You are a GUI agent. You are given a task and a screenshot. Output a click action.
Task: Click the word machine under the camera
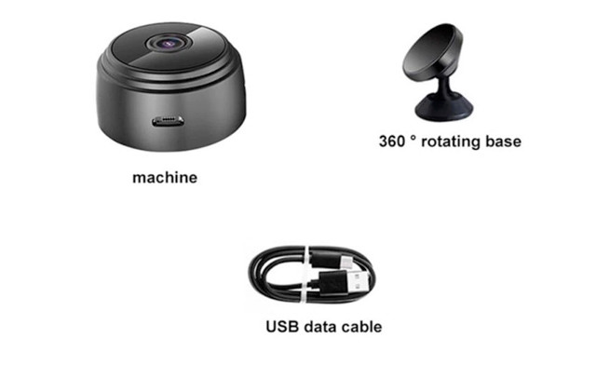coord(164,177)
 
